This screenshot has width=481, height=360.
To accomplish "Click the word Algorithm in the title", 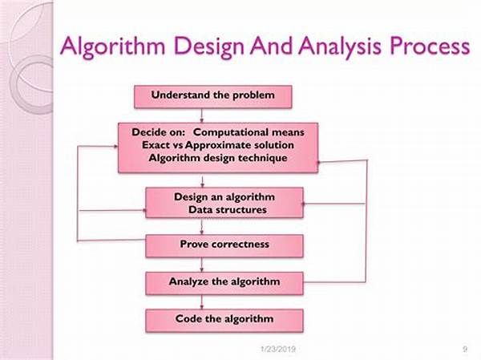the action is [x=112, y=47].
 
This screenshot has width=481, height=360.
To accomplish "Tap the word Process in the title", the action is [x=430, y=46].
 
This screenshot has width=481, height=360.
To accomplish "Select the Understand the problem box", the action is [x=213, y=97].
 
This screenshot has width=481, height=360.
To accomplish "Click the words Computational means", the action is [x=249, y=132].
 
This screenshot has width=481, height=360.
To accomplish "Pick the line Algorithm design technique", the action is [x=218, y=158].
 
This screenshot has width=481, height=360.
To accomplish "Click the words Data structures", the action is [x=228, y=210].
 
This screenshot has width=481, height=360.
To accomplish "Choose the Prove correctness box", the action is [x=224, y=246].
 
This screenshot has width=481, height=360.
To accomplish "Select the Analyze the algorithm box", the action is [x=224, y=283].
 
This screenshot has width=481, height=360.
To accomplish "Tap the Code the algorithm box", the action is [x=224, y=321].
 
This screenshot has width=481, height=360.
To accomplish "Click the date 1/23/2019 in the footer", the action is [x=278, y=349].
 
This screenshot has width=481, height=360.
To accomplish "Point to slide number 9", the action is [x=465, y=349].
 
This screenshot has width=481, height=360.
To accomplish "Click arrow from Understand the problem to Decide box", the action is [x=202, y=115].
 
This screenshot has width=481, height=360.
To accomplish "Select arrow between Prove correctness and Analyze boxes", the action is [x=202, y=265].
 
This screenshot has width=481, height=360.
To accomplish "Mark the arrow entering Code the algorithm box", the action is [x=202, y=302].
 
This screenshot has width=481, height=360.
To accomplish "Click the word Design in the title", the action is [x=208, y=47].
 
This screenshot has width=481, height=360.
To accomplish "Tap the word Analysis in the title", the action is [x=340, y=47].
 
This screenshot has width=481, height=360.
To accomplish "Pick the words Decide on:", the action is [x=159, y=132].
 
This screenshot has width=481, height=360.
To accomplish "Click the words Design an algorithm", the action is [x=224, y=197].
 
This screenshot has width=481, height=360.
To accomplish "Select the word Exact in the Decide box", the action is [x=155, y=145].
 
